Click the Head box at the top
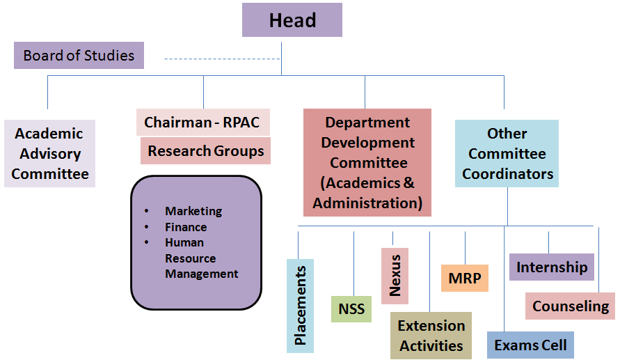click(x=292, y=20)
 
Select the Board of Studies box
click(x=79, y=56)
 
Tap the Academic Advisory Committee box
click(x=50, y=154)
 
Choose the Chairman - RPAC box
click(x=202, y=123)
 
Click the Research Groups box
click(x=205, y=151)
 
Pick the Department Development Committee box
click(x=367, y=162)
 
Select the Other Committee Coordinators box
click(x=507, y=154)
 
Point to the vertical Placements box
click(x=301, y=306)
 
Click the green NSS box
click(x=351, y=308)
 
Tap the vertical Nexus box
click(x=395, y=276)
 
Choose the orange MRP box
click(x=465, y=278)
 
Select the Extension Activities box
click(x=431, y=336)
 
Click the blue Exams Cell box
click(x=530, y=345)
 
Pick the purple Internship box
click(x=552, y=267)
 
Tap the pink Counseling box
click(x=570, y=306)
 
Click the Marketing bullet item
click(x=193, y=211)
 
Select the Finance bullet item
click(x=186, y=227)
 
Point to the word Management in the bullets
click(x=201, y=274)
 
